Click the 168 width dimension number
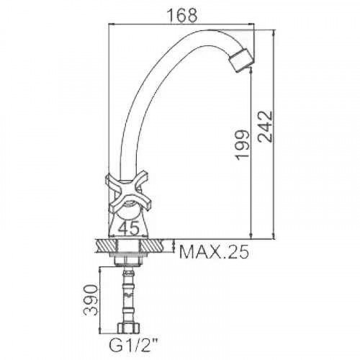pyautogui.click(x=182, y=16)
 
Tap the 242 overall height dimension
pyautogui.click(x=266, y=127)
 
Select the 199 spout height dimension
pyautogui.click(x=243, y=145)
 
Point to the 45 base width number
pyautogui.click(x=129, y=228)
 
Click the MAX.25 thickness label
pyautogui.click(x=214, y=251)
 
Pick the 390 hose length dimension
pyautogui.click(x=91, y=300)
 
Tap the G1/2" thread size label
pyautogui.click(x=131, y=346)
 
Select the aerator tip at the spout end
pyautogui.click(x=241, y=60)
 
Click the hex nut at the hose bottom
pyautogui.click(x=129, y=328)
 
